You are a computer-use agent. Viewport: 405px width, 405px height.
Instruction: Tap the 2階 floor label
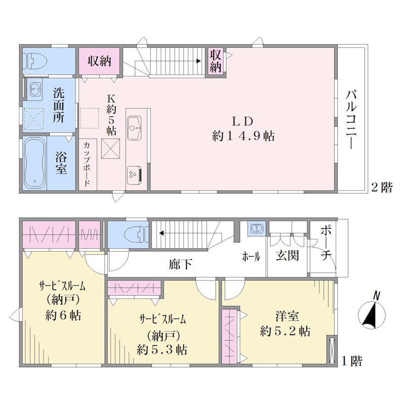pyautogui.click(x=382, y=187)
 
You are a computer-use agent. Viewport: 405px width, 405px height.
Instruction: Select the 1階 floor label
pyautogui.click(x=351, y=361)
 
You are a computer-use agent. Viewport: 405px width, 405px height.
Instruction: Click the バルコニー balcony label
pyautogui.click(x=351, y=119)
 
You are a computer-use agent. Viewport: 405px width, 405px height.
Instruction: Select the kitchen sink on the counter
pyautogui.click(x=134, y=128)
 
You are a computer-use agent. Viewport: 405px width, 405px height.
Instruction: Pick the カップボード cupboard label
pyautogui.click(x=86, y=164)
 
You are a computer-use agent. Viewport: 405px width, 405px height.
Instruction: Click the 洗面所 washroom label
pyautogui.click(x=59, y=106)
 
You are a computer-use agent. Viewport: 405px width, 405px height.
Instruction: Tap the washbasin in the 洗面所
pyautogui.click(x=34, y=89)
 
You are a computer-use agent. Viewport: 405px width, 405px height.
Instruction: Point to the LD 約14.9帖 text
pyautogui.click(x=243, y=129)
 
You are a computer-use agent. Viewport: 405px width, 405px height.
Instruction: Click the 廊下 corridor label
pyautogui.click(x=180, y=264)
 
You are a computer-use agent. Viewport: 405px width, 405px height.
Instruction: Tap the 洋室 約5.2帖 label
pyautogui.click(x=285, y=323)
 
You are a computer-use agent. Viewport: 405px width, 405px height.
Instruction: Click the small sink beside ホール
pyautogui.click(x=256, y=229)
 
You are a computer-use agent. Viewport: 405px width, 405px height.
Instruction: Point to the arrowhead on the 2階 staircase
pyautogui.click(x=198, y=61)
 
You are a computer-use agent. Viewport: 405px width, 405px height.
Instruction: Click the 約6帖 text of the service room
pyautogui.click(x=63, y=315)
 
